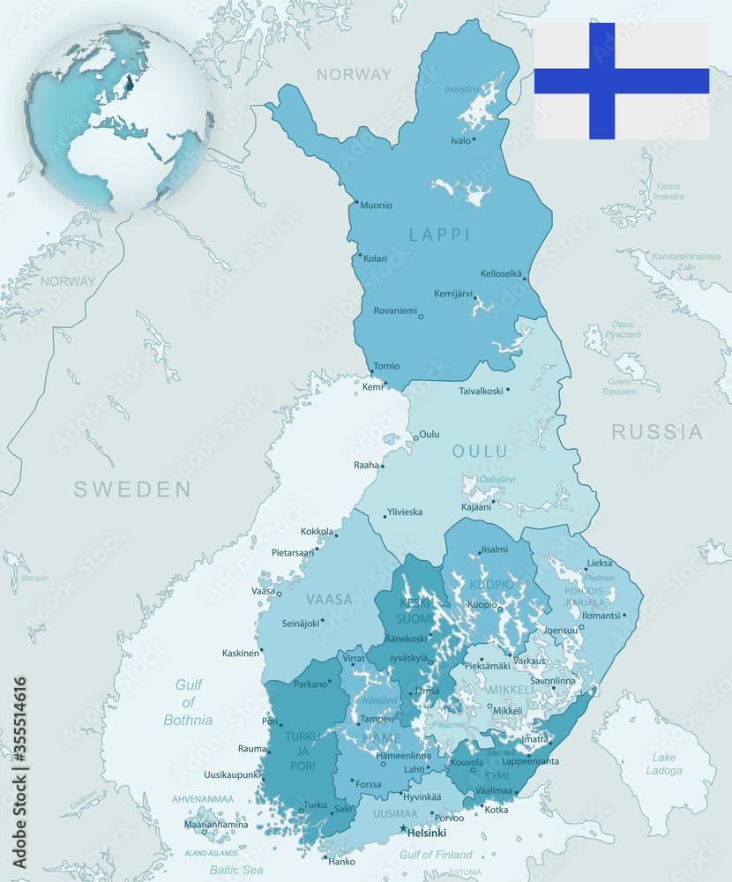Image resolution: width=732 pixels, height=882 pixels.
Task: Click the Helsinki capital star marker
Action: tap(403, 828)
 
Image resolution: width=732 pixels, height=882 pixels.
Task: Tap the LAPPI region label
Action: tap(439, 235)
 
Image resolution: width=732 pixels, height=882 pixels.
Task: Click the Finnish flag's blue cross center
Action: tap(601, 81)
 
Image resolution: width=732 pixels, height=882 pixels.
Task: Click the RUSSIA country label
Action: tap(658, 432)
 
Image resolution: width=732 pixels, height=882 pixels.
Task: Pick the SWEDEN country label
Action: tap(132, 490)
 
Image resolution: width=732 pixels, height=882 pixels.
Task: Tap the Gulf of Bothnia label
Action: tap(188, 702)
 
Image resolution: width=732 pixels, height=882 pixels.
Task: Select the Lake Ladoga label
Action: tap(663, 764)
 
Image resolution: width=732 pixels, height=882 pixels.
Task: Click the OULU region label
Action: tap(480, 452)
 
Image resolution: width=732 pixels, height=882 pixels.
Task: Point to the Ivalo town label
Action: tap(460, 140)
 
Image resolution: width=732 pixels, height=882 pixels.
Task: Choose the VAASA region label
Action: tap(329, 600)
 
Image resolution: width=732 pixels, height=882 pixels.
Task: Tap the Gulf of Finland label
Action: tap(435, 854)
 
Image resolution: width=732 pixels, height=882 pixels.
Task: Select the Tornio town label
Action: tap(386, 366)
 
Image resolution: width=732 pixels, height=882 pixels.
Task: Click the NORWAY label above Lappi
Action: tap(354, 75)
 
